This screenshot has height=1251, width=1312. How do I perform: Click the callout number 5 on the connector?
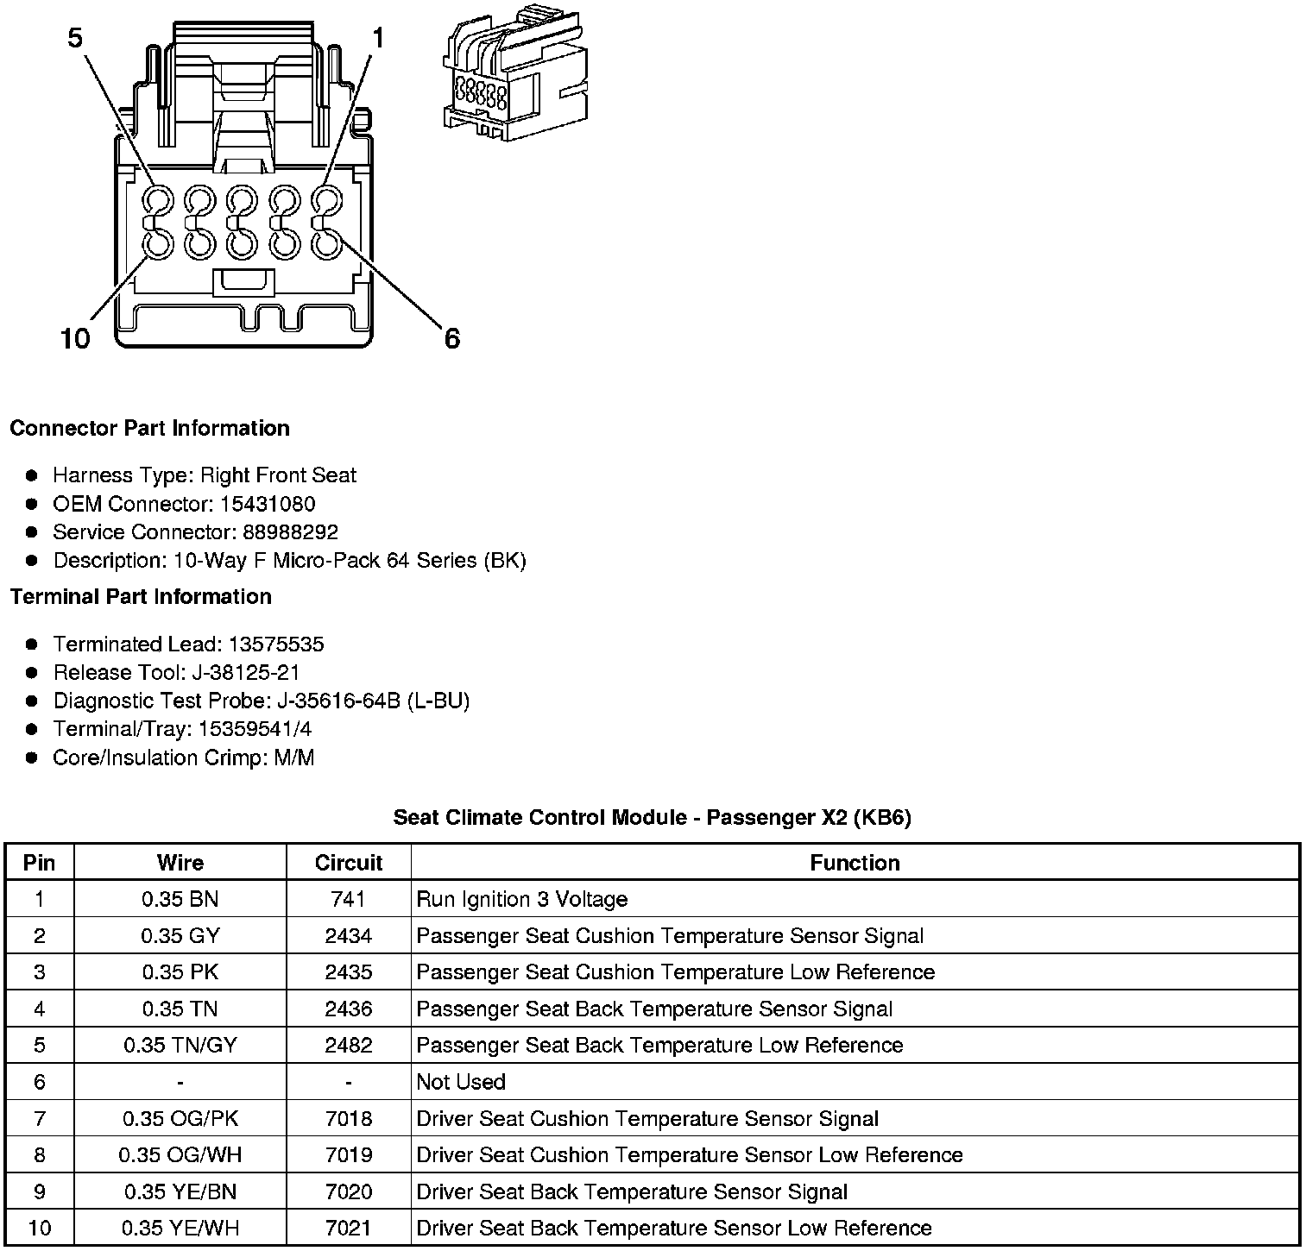tap(76, 39)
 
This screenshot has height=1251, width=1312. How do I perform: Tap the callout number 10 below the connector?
tap(75, 338)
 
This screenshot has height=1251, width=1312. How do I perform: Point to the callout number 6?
tap(452, 338)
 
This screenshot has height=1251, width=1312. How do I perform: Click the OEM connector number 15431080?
tap(269, 504)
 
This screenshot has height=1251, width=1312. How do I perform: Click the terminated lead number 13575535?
tap(276, 644)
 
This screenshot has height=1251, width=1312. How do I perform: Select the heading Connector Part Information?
tap(149, 429)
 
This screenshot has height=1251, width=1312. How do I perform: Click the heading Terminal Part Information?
tap(141, 597)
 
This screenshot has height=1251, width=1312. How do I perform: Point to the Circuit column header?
tap(348, 863)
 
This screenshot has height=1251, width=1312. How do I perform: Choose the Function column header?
tap(855, 863)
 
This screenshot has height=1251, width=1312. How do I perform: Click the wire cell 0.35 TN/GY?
tap(180, 1046)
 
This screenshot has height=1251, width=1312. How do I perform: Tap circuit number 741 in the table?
tap(348, 900)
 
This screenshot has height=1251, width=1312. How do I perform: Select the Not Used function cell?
tap(461, 1082)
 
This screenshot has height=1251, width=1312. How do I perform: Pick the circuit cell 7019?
tap(348, 1155)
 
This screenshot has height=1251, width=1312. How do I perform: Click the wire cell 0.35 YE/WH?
tap(180, 1228)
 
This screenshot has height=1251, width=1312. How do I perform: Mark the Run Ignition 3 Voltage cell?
tap(521, 900)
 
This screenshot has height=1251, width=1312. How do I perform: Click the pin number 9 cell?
tap(40, 1191)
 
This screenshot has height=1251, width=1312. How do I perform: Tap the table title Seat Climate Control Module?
tap(652, 817)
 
